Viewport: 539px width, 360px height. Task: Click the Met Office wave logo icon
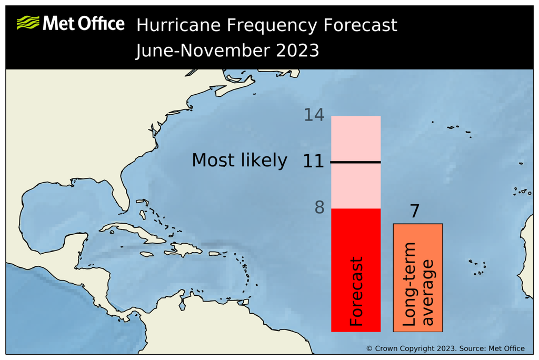(27, 23)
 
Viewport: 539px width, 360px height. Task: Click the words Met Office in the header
(83, 24)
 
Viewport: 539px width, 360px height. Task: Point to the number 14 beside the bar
(314, 115)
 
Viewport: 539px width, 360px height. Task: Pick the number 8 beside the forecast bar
(320, 208)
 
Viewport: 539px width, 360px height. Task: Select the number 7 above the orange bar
(415, 212)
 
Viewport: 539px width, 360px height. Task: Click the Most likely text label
(239, 160)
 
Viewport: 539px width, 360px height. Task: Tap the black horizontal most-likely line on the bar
(356, 162)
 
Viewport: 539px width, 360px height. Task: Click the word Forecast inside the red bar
(357, 291)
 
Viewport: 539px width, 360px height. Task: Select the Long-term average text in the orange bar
(419, 284)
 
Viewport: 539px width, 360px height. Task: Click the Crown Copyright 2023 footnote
(445, 348)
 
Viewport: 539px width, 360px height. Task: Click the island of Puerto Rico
(216, 253)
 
